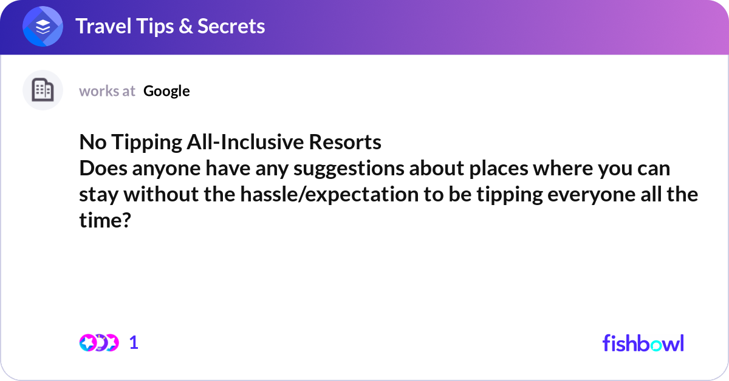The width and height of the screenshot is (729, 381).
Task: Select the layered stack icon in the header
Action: [43, 27]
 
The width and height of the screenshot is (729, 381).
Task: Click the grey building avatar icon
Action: [43, 90]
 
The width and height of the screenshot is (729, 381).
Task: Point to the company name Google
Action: [166, 91]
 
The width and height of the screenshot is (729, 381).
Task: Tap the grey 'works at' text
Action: [107, 91]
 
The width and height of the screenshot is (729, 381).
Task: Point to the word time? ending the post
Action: [105, 221]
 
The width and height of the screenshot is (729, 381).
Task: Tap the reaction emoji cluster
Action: [99, 343]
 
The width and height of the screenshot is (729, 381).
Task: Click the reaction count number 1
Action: [134, 343]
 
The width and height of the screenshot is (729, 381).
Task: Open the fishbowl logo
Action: [643, 343]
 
